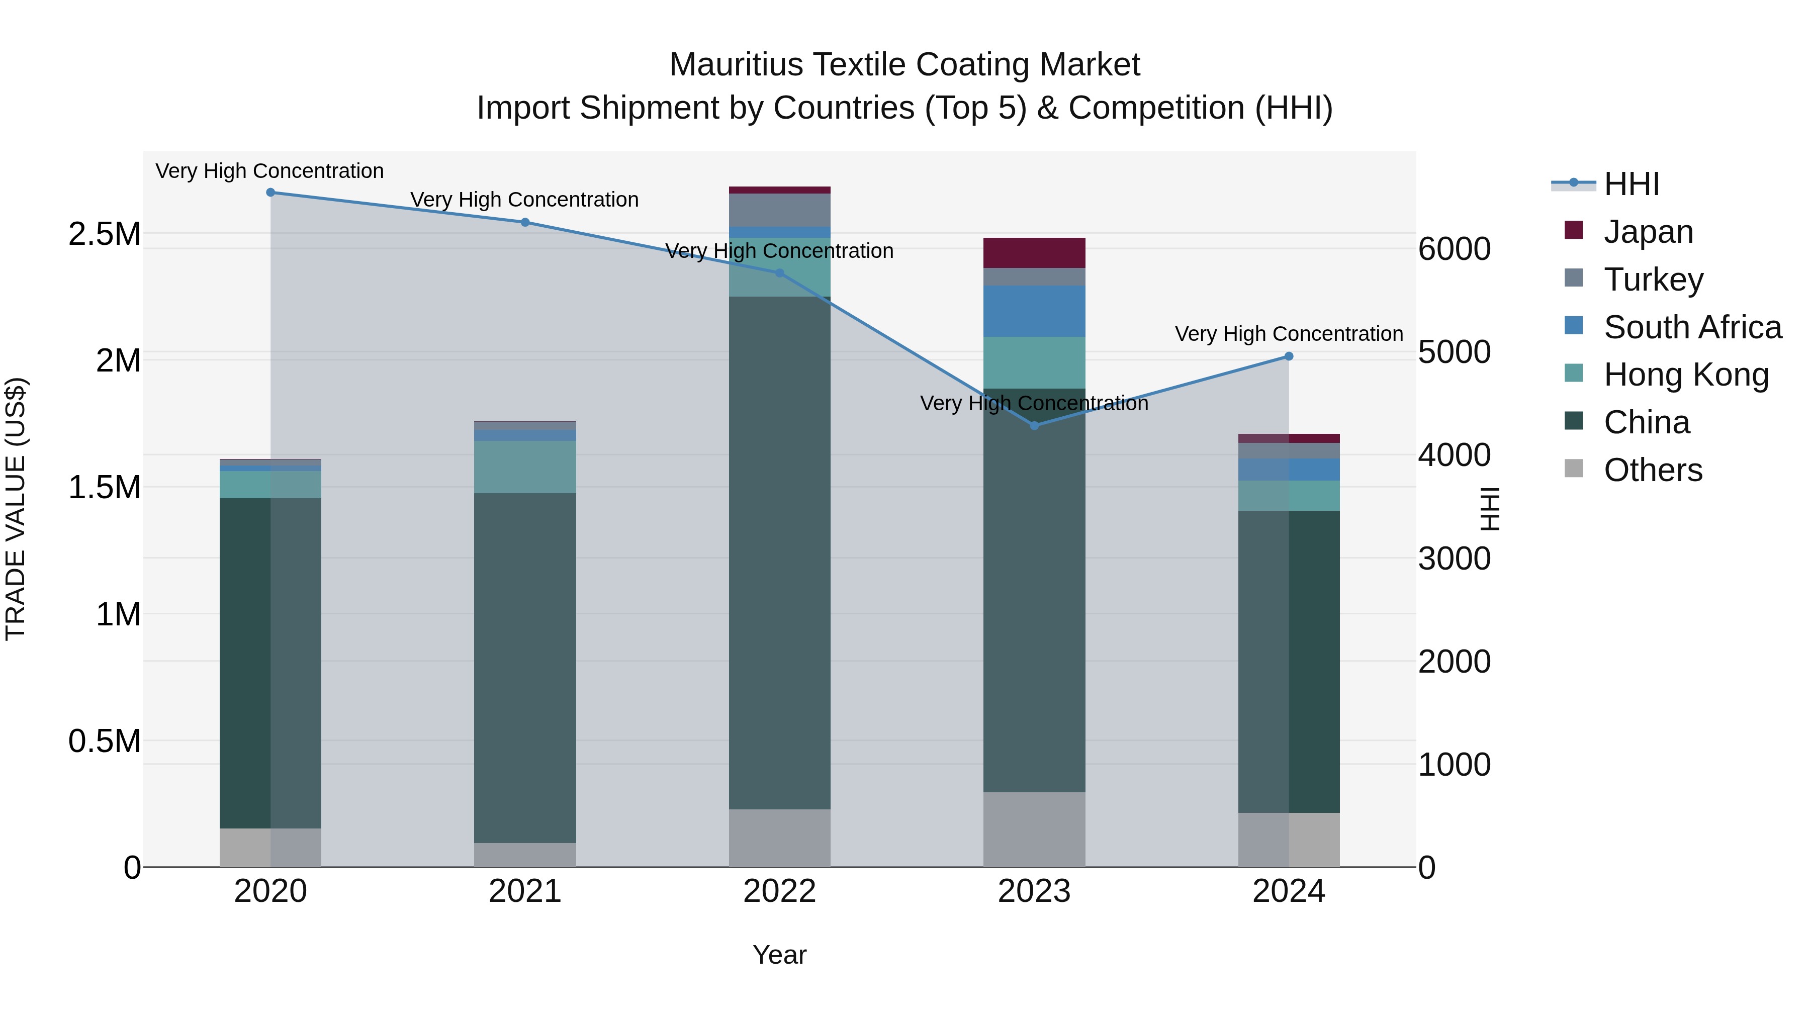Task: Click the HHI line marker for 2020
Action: (x=270, y=193)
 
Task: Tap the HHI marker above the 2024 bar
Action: (x=1289, y=356)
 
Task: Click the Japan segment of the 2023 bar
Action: (x=1034, y=253)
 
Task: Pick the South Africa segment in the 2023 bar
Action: (x=1034, y=311)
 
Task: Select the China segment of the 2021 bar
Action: (x=525, y=668)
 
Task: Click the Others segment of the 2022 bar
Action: (x=779, y=838)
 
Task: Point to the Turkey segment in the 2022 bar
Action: (x=779, y=210)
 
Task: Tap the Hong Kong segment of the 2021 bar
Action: (x=525, y=467)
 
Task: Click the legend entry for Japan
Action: (x=1648, y=232)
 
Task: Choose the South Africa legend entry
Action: (x=1692, y=327)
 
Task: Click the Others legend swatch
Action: (x=1574, y=469)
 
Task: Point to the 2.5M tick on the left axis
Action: (x=105, y=234)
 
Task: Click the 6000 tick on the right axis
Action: (x=1454, y=249)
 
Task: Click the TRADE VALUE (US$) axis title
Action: (x=16, y=509)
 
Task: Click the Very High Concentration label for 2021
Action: (x=525, y=200)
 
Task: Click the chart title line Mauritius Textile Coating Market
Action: (x=904, y=65)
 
